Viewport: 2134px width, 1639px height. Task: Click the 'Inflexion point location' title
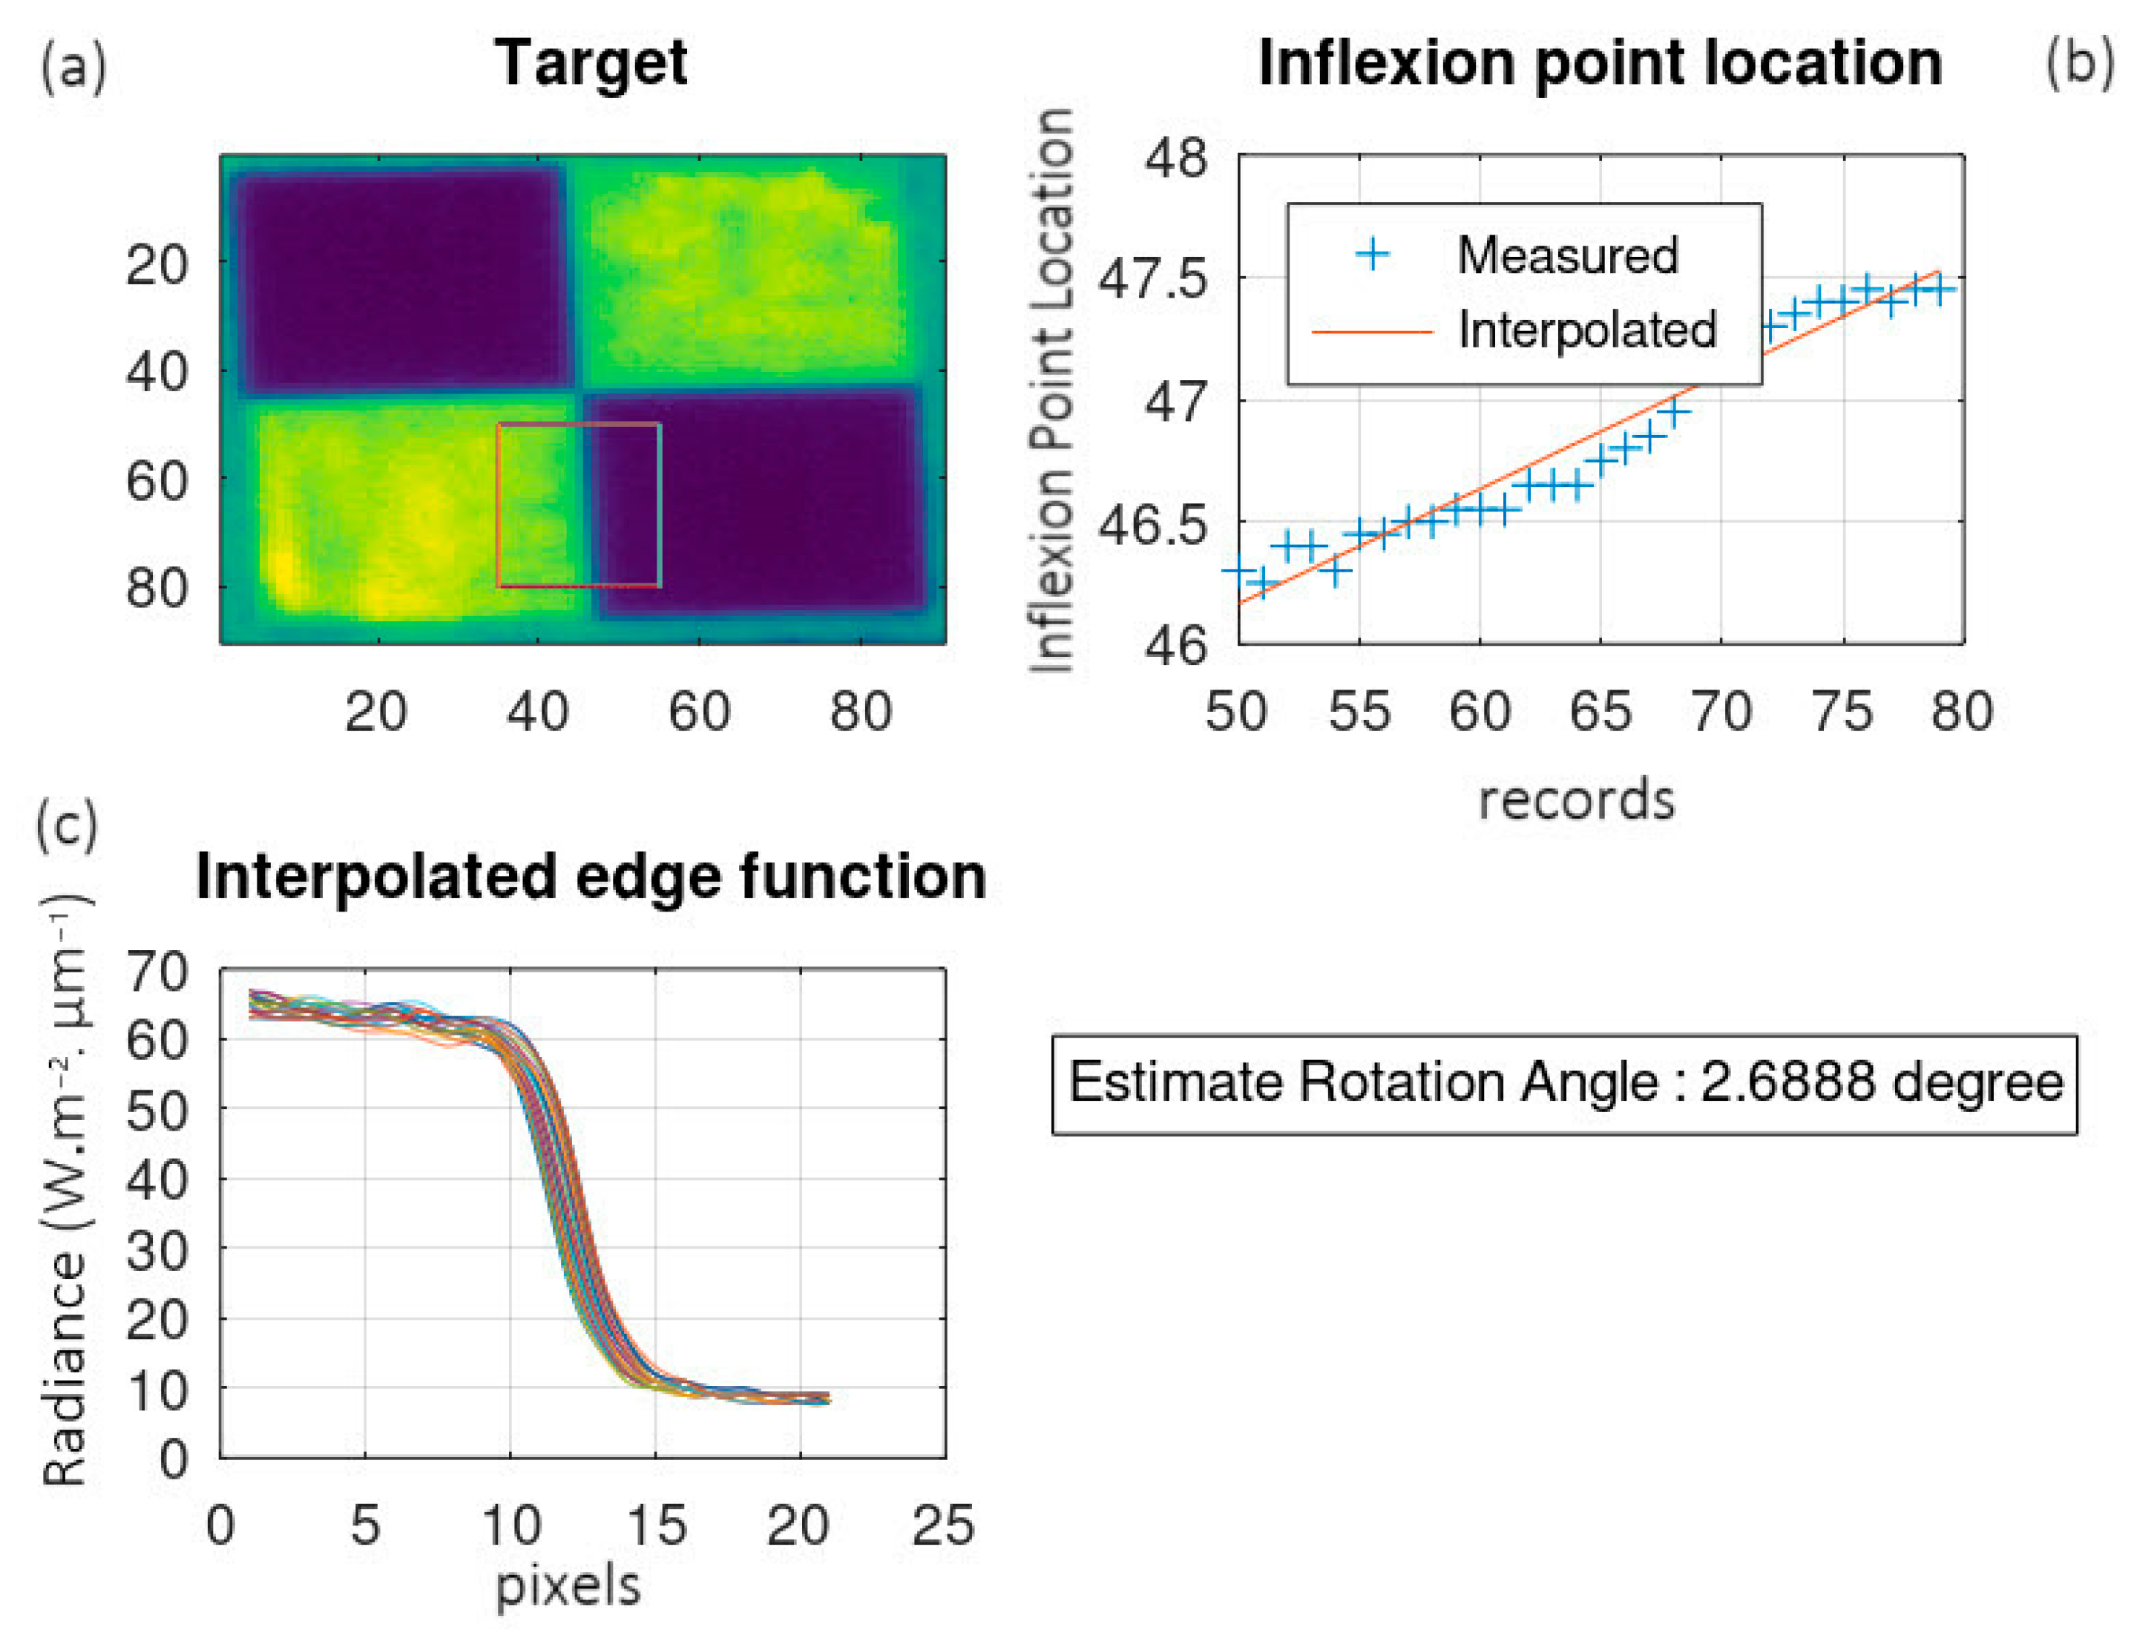(x=1600, y=63)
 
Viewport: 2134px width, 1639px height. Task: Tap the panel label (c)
(x=66, y=825)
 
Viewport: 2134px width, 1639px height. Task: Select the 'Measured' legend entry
(x=1566, y=255)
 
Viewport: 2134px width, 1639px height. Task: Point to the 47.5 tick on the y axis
(x=1153, y=280)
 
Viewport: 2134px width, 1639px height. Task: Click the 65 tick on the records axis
(x=1600, y=712)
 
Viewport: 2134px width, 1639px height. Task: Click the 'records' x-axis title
(x=1576, y=800)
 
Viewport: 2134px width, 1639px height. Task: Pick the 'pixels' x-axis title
(x=568, y=1586)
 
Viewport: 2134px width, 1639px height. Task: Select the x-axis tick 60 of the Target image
(x=698, y=712)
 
